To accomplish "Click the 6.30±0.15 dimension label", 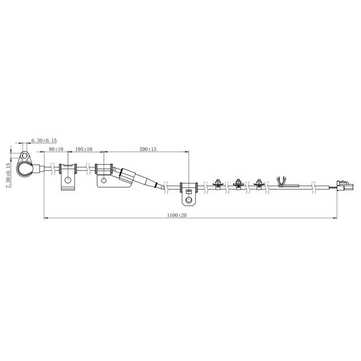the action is pos(44,140).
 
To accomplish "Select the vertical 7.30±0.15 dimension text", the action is pos(8,175).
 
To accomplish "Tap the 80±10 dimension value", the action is pos(56,149).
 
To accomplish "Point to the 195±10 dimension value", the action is pos(84,149).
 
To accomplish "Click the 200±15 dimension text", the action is pos(148,149).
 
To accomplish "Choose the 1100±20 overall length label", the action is pos(177,215).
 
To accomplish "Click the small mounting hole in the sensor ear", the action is pos(24,156).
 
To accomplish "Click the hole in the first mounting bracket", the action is pos(68,180).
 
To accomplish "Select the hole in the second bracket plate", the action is pos(104,180).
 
